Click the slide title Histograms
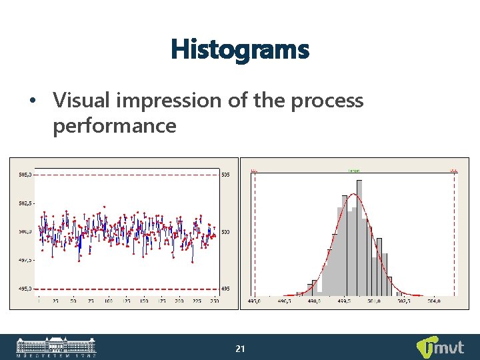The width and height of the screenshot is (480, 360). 240,49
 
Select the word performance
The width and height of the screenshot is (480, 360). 114,125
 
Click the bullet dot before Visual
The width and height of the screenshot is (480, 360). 31,101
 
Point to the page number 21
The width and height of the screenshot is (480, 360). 241,349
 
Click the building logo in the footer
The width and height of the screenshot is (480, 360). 56,347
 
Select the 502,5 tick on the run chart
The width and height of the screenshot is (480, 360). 25,203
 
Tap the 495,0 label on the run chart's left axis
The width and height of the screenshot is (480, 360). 25,289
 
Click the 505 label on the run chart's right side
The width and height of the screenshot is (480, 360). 226,175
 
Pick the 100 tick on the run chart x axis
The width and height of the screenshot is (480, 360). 109,301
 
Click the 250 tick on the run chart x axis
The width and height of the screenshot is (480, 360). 215,301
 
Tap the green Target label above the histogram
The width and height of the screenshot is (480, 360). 354,171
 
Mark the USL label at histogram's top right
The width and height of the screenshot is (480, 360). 454,171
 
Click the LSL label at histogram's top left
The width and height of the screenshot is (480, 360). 254,171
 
